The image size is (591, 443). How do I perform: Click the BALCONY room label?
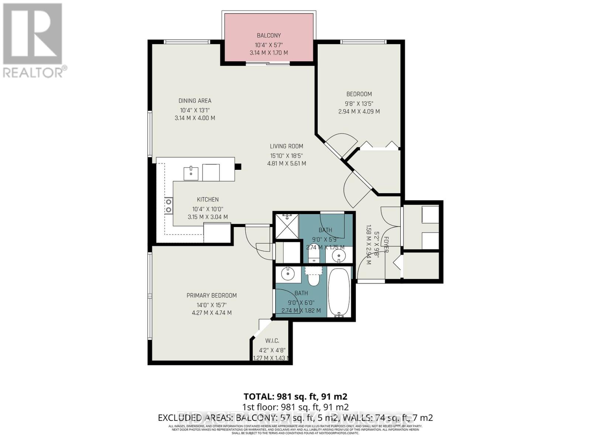(x=269, y=35)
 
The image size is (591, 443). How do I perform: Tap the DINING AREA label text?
(x=195, y=101)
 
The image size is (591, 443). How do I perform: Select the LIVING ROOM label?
(x=286, y=146)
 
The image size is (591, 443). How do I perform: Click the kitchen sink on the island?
(x=191, y=172)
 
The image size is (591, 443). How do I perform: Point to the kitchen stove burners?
(x=168, y=206)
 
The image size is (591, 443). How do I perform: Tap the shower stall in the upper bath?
(x=287, y=226)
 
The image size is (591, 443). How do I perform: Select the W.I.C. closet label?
(x=272, y=341)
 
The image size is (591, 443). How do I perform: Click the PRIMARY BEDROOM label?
(x=211, y=295)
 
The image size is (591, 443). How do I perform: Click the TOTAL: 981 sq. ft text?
(x=295, y=396)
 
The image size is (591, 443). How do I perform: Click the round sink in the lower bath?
(x=287, y=274)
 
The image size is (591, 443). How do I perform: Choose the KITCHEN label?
(x=208, y=200)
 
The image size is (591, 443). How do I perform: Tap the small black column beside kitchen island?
(x=238, y=166)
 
